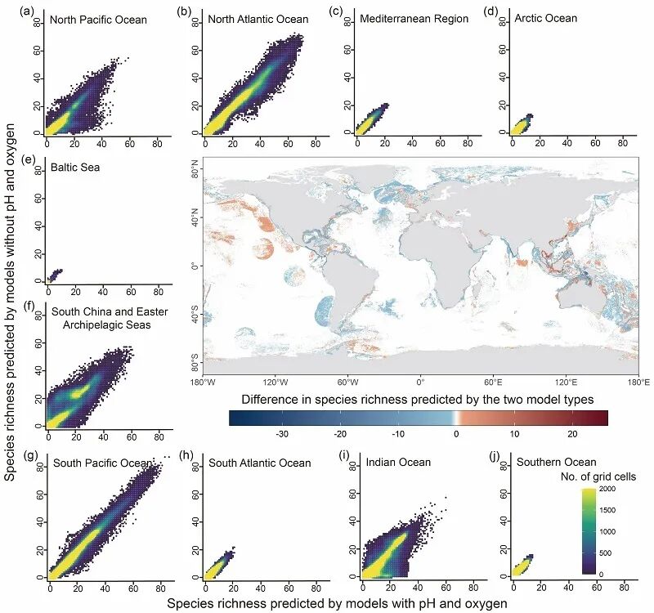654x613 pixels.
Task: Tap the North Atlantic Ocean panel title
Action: point(244,19)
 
